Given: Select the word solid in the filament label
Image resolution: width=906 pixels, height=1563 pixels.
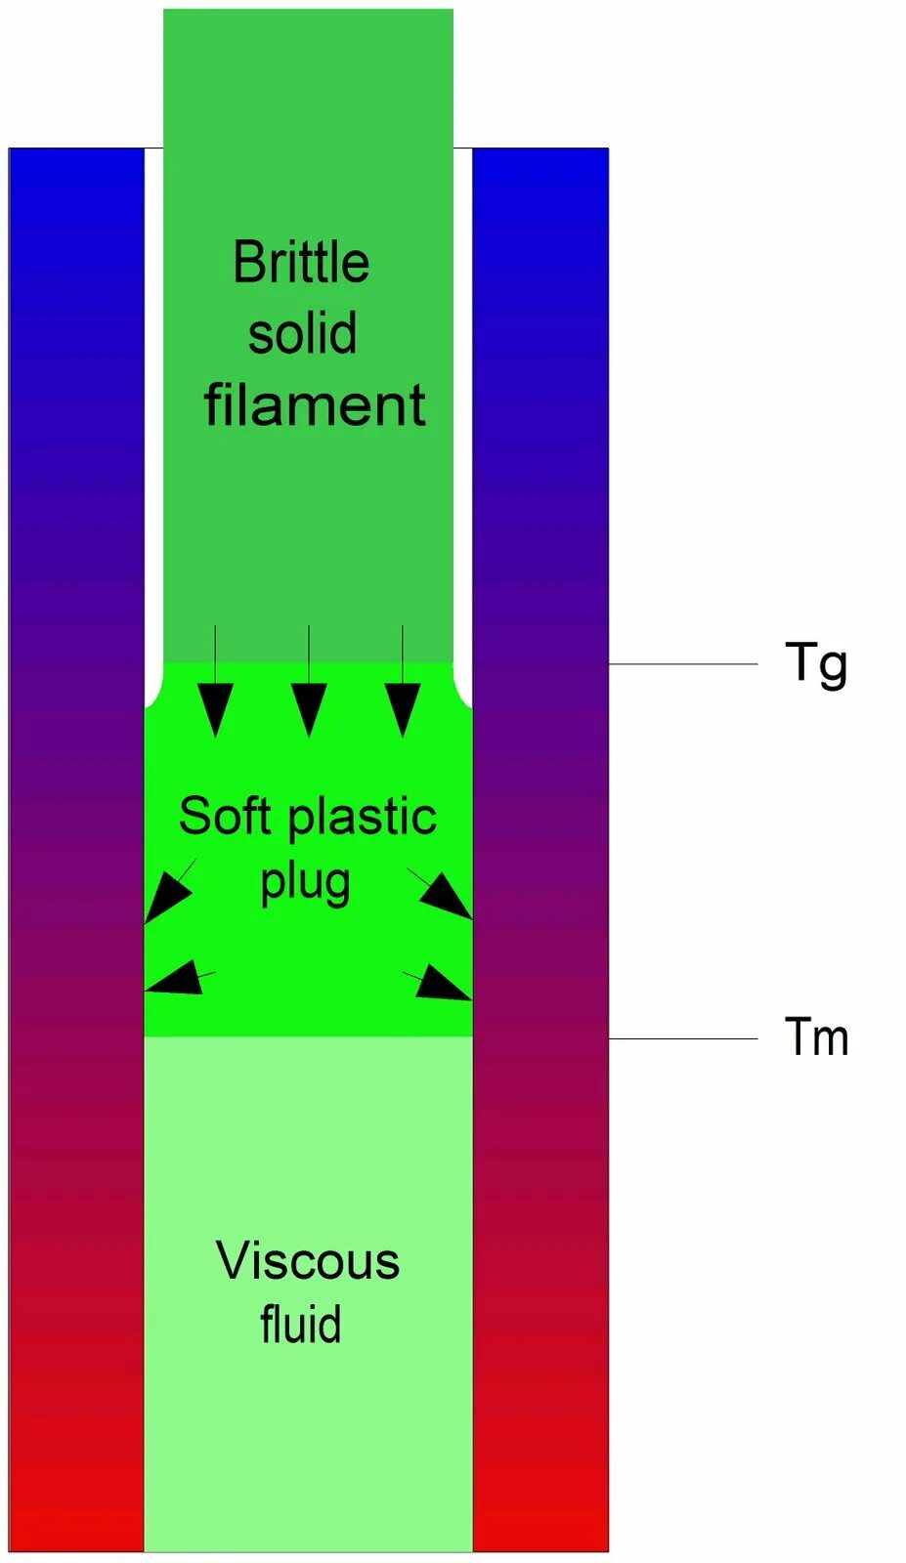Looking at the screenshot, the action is (302, 333).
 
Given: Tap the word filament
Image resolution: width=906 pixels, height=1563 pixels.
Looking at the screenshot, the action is (315, 404).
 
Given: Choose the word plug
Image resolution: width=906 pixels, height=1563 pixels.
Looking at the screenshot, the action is (305, 882).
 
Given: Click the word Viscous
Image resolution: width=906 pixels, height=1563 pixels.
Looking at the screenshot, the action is (308, 1260).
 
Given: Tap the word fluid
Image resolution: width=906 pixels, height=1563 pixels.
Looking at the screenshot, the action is (301, 1325).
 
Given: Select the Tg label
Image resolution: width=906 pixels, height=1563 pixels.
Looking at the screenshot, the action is (816, 664).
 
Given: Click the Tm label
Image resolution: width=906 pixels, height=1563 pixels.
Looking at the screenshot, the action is (816, 1037).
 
